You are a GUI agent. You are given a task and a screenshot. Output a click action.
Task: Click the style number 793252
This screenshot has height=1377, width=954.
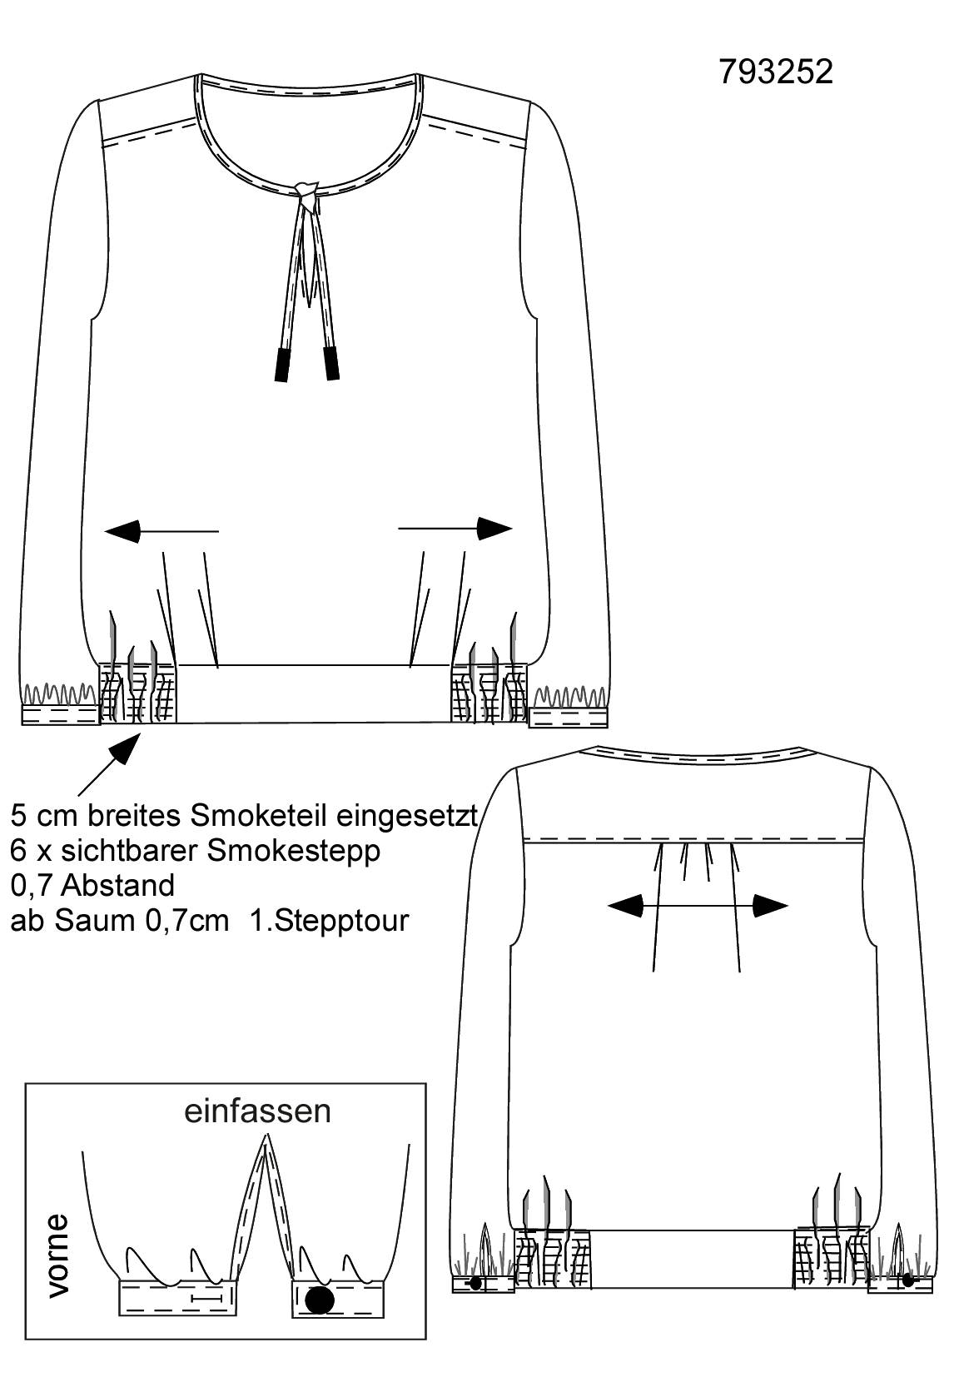pyautogui.click(x=776, y=72)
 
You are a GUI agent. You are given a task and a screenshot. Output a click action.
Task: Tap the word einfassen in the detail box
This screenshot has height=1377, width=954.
pyautogui.click(x=257, y=1111)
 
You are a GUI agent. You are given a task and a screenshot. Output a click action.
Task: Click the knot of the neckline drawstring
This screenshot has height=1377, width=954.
pyautogui.click(x=306, y=191)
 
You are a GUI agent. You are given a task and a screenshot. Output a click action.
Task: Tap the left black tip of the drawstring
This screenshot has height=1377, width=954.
pyautogui.click(x=281, y=364)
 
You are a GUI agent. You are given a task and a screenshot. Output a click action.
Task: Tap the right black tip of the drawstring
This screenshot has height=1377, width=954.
pyautogui.click(x=331, y=363)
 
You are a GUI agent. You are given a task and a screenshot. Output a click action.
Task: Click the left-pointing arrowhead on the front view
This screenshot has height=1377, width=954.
pyautogui.click(x=122, y=531)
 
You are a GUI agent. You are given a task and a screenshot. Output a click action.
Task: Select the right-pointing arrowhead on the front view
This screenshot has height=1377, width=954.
pyautogui.click(x=494, y=528)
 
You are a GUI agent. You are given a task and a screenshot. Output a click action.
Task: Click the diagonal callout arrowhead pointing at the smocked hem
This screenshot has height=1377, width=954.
pyautogui.click(x=127, y=748)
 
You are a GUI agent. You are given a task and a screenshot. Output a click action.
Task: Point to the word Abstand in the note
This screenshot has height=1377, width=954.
pyautogui.click(x=117, y=886)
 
